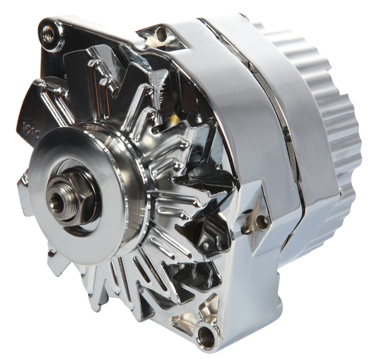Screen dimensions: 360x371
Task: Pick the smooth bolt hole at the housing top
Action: [161, 35]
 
